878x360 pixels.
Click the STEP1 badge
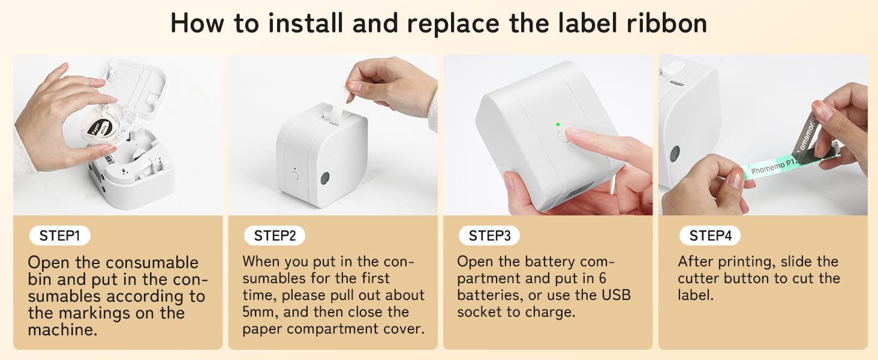[x=59, y=236]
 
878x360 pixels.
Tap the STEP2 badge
[x=275, y=236]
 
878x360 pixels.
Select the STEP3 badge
[x=489, y=236]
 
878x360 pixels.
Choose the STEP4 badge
[x=710, y=236]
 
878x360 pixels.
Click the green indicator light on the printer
[x=558, y=124]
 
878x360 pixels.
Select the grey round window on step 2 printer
[x=325, y=178]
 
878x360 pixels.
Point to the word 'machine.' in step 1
[x=62, y=329]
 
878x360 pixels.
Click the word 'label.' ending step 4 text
[x=696, y=295]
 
